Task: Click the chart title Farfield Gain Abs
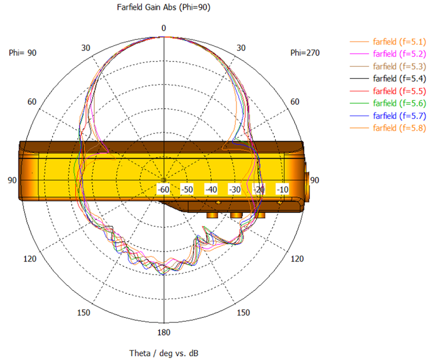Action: tap(146, 7)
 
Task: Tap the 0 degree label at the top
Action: tap(164, 28)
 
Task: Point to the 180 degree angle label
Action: tap(164, 332)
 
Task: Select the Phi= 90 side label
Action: tap(23, 53)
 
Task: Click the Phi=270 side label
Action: tap(305, 53)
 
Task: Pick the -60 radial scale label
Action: tap(163, 190)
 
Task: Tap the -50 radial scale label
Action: tap(187, 190)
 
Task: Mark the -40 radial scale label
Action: tap(211, 190)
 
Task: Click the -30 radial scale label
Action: tap(235, 190)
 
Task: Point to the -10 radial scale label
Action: tap(282, 190)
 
